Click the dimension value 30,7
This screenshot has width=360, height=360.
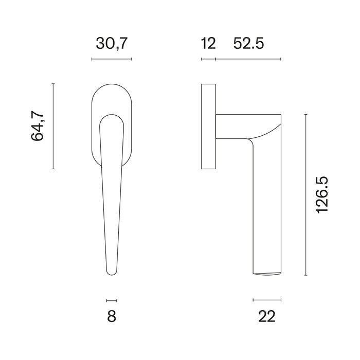tap(111, 44)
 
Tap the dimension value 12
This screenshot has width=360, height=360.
tap(208, 44)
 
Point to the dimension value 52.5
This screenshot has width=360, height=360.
tap(248, 44)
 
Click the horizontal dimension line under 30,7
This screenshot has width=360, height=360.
tap(112, 60)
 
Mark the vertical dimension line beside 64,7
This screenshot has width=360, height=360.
tap(53, 126)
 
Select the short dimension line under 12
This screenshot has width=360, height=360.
tap(208, 60)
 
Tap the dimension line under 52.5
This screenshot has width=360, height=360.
tap(248, 60)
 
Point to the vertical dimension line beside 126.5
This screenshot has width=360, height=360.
tap(306, 195)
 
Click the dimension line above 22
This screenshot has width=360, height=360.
tap(267, 299)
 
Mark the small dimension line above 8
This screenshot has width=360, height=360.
tap(112, 300)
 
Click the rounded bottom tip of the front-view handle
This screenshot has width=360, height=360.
tap(112, 273)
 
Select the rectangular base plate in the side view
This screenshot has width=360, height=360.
tap(208, 126)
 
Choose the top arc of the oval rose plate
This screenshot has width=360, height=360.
tap(112, 83)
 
